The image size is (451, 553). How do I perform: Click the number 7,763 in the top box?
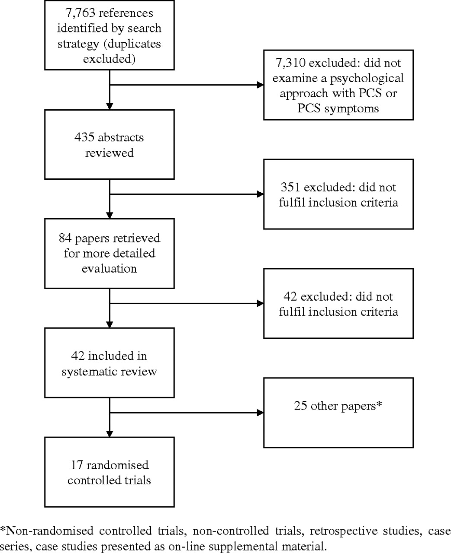80,13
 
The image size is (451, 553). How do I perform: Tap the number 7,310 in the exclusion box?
290,63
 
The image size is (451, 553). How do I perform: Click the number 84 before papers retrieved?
65,238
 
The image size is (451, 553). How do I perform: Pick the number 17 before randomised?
77,465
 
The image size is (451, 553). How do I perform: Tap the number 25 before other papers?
300,406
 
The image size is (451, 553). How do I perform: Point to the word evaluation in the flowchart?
109,268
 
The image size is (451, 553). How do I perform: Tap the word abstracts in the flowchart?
120,137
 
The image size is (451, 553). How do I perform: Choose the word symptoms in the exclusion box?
351,109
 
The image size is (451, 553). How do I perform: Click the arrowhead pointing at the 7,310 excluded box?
260,85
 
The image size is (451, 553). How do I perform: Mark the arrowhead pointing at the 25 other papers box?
260,413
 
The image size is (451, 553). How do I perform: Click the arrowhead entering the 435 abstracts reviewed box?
110,106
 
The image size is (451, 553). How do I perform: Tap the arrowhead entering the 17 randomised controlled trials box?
110,434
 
